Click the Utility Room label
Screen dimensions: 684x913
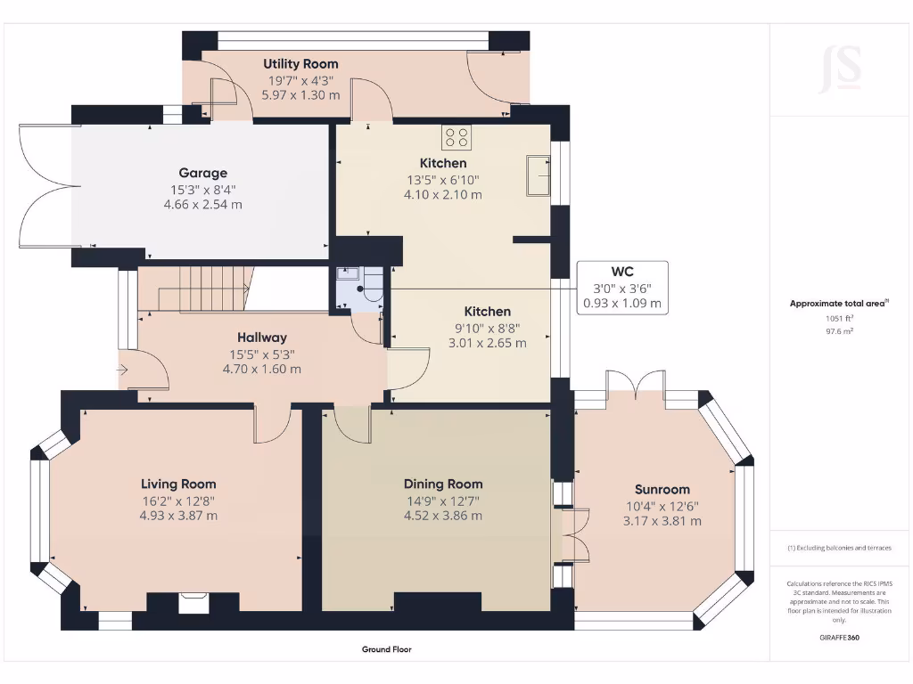point(300,64)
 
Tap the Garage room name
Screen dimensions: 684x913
point(202,173)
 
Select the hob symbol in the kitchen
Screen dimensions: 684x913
point(457,137)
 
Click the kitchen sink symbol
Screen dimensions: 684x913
point(538,175)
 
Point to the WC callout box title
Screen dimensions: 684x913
point(622,271)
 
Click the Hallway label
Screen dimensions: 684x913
point(261,338)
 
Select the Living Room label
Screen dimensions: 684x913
point(178,484)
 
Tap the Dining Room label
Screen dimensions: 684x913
point(443,484)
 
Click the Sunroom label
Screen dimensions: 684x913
point(662,489)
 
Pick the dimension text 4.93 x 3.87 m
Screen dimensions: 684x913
point(178,516)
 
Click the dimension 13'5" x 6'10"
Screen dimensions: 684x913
point(443,179)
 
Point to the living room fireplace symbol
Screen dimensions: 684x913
point(193,603)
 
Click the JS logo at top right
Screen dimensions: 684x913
point(840,69)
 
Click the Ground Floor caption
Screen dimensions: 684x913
point(387,649)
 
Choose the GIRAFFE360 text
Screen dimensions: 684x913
point(839,638)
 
